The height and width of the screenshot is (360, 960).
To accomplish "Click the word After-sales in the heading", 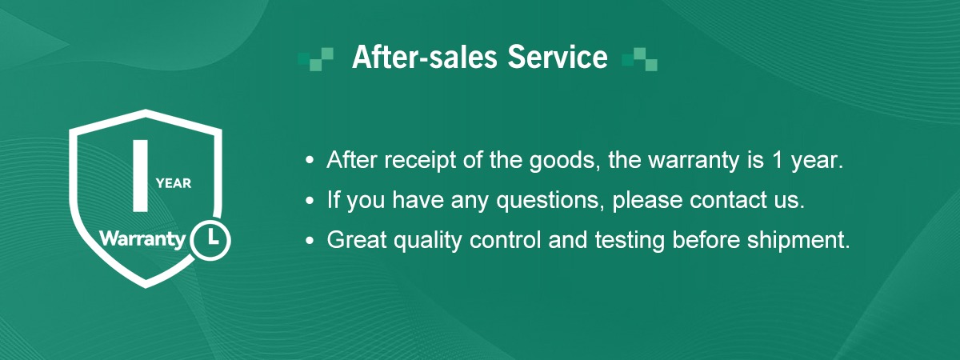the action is point(424,57).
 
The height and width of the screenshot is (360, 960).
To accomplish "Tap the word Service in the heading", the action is point(558,57).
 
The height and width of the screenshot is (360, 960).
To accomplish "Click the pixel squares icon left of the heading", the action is point(316,59).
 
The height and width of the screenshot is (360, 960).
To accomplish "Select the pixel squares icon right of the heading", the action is point(639,59).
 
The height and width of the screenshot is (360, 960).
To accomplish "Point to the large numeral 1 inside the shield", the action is point(141,176).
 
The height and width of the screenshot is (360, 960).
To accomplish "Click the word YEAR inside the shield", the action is point(174,183).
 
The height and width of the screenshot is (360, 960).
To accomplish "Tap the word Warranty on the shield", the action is point(142,238).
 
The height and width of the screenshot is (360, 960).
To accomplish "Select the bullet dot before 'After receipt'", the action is point(310,160).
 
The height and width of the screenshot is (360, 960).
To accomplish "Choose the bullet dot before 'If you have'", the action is point(310,200).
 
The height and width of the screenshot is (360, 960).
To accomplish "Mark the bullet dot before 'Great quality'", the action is point(310,240).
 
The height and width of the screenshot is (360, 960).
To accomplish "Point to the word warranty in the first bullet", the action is point(694,161).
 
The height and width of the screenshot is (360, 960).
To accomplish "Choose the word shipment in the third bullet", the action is point(798,241).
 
